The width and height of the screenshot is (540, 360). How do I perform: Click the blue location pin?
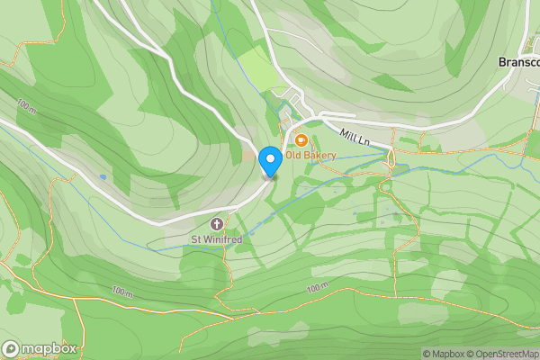point(269,161)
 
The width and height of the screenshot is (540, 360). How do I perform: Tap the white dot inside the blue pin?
point(269,158)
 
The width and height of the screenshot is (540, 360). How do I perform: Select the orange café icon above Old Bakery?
point(301,140)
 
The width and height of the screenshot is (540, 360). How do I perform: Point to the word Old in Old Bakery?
point(293,156)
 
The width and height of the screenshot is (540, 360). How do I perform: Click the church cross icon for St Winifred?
point(216,223)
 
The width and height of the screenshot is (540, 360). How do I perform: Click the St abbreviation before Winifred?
point(195,239)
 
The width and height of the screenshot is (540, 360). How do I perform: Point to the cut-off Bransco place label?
point(518,63)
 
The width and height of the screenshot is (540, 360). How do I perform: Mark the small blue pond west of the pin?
point(103,177)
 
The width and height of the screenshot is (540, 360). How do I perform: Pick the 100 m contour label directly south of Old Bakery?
point(317,288)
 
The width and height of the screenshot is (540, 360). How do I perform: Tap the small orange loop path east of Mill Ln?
point(391,160)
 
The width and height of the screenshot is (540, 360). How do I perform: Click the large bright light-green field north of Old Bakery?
point(256,67)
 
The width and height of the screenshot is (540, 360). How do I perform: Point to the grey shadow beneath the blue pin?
point(269,177)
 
